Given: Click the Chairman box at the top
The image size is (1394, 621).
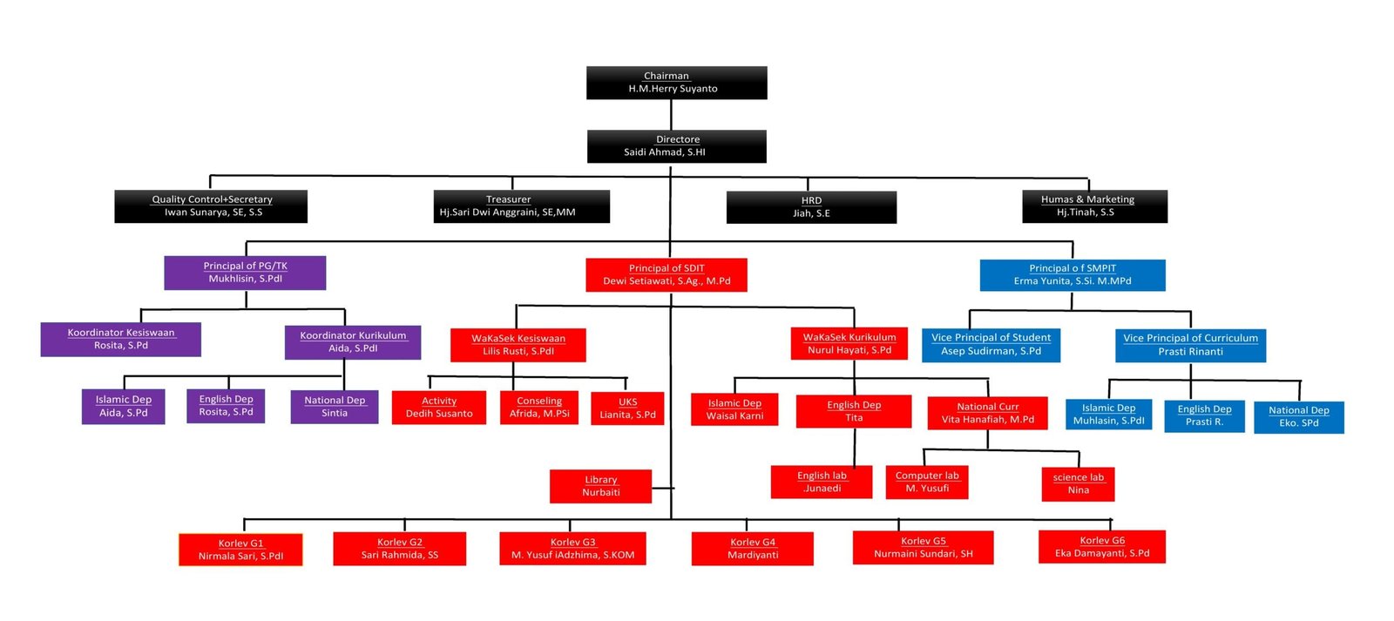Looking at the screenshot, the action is [676, 83].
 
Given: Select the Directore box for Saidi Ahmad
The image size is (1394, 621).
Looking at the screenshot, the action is [676, 146].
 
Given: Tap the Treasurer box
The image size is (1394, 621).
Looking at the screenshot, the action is [522, 206].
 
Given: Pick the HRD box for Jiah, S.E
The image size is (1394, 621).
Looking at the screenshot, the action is [811, 207].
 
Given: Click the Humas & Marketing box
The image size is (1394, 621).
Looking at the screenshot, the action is [1094, 206].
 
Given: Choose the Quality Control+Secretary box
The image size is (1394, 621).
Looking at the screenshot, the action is [211, 206].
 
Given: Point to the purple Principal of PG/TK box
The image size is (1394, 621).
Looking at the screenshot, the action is [245, 273].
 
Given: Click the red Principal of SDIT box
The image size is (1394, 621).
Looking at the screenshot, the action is [667, 275].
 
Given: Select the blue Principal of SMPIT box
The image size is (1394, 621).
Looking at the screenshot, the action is [1073, 275].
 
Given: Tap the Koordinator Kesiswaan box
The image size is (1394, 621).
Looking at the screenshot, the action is [121, 339].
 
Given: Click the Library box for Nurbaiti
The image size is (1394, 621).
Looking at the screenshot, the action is [600, 486].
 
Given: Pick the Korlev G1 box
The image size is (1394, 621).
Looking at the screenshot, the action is [240, 550].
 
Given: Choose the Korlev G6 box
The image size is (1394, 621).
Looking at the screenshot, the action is [1102, 547].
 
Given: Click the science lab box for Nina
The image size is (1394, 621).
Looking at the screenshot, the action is [1078, 484].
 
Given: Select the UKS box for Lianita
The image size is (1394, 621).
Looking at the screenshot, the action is [627, 408].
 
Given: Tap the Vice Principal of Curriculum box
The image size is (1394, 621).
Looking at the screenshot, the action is [1190, 346].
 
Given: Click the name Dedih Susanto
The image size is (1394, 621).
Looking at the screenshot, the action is [439, 414].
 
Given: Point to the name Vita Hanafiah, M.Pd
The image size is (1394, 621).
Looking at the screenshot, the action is [988, 420].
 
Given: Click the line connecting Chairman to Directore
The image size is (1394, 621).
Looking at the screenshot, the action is [671, 114].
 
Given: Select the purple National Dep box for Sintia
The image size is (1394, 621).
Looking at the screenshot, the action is [335, 407].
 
